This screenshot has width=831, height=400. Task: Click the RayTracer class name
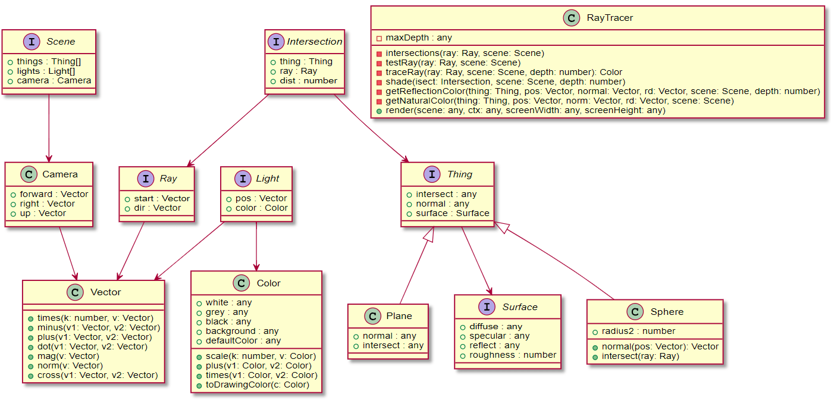(610, 18)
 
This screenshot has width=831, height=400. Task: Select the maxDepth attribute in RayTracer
(418, 38)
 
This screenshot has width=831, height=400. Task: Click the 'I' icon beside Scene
(31, 42)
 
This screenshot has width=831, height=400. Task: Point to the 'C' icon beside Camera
(29, 174)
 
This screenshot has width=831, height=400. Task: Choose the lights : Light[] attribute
(46, 71)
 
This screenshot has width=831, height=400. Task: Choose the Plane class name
(399, 315)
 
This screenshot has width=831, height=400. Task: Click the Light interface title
(268, 179)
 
